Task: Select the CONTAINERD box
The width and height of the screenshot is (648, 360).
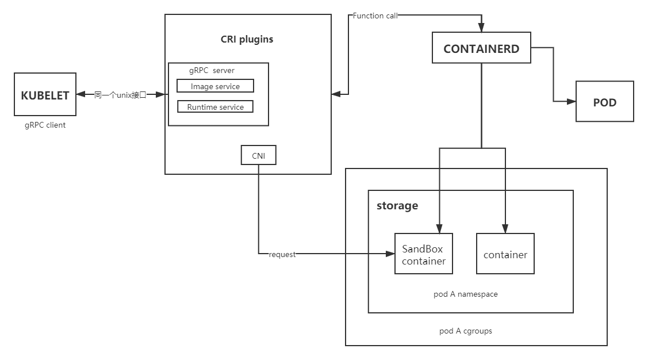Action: (481, 49)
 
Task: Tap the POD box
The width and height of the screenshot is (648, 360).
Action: (605, 102)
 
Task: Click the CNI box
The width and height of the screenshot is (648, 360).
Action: (258, 155)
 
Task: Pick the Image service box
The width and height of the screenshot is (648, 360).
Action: (215, 86)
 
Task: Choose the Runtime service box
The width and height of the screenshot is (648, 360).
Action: (215, 107)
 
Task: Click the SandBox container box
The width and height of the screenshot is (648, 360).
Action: (424, 254)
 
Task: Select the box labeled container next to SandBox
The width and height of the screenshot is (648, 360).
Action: (505, 254)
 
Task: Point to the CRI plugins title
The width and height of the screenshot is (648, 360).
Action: (247, 40)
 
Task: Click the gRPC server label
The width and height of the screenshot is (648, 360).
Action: (212, 71)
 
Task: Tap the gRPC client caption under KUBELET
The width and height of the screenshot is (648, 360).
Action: (45, 125)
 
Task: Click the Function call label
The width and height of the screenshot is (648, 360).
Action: (375, 16)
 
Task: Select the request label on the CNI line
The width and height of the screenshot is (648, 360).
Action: (282, 254)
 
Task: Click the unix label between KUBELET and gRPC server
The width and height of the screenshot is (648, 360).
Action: (121, 95)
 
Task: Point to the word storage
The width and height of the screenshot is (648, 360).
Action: (397, 206)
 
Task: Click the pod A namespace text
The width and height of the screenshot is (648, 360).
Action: (466, 294)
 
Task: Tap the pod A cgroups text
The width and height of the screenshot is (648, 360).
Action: (466, 331)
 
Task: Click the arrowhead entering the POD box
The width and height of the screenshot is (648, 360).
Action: (572, 102)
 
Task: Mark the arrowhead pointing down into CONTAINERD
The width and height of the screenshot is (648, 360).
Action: (481, 27)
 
